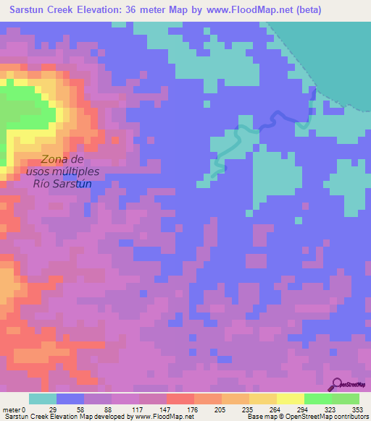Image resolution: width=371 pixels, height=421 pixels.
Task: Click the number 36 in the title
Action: pyautogui.click(x=137, y=9)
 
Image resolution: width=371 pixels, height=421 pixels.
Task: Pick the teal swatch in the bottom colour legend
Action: pyautogui.click(x=42, y=399)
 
